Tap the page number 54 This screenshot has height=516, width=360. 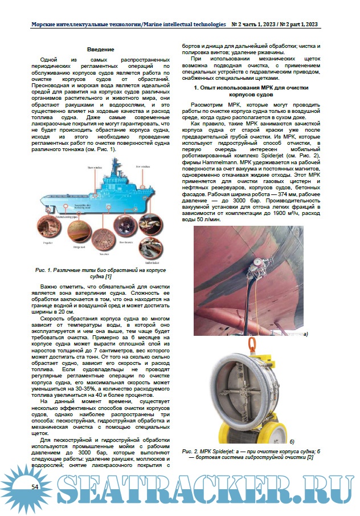(x=35, y=486)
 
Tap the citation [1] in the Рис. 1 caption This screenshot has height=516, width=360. (x=108, y=276)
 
